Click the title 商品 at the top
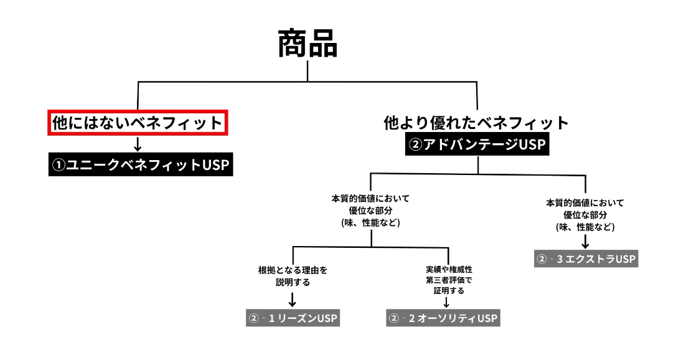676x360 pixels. tap(307, 45)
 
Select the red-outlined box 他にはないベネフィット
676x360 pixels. tap(138, 123)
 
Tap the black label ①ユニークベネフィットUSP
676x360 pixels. tap(141, 165)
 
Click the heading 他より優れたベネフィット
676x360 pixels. tap(477, 123)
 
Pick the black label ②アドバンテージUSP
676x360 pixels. tap(477, 145)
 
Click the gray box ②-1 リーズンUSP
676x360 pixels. tap(293, 318)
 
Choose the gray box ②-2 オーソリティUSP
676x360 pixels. tap(443, 318)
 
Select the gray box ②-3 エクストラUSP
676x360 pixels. tap(586, 258)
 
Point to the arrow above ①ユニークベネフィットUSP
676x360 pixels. tap(138, 144)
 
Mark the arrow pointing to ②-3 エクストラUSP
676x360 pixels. tap(585, 240)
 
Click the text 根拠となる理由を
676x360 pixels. tap(293, 270)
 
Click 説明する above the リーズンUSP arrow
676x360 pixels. tap(293, 282)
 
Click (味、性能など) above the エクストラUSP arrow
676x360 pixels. tap(585, 227)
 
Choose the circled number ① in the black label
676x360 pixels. tap(59, 166)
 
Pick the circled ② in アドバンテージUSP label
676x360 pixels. tap(416, 145)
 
